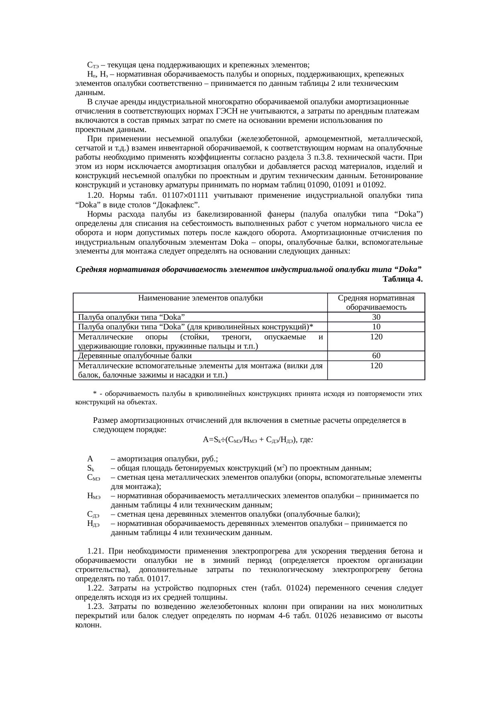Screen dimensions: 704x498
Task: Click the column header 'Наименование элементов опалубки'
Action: (x=200, y=298)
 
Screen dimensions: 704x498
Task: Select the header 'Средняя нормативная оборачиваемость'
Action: (x=376, y=303)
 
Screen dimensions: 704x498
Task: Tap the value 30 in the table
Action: (x=376, y=317)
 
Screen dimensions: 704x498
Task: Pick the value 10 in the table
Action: (x=376, y=327)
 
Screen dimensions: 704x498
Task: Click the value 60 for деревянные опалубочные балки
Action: (x=376, y=356)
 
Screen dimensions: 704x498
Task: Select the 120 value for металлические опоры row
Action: (x=376, y=337)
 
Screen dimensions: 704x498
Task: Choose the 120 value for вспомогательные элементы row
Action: (x=376, y=366)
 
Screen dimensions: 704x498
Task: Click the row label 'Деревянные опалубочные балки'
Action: (x=135, y=356)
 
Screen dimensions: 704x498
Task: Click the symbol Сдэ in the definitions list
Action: (x=93, y=515)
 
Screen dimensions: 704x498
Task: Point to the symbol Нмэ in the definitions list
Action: (x=94, y=496)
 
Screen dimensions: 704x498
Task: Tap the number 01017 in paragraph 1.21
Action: (x=160, y=579)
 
